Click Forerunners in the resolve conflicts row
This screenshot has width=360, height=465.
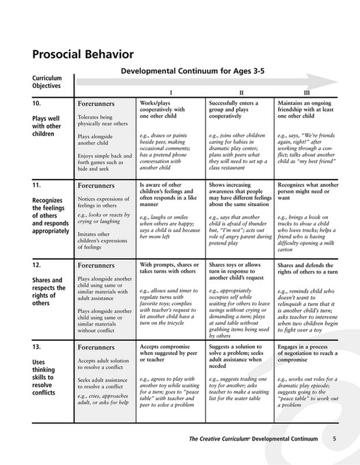coord(95,348)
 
